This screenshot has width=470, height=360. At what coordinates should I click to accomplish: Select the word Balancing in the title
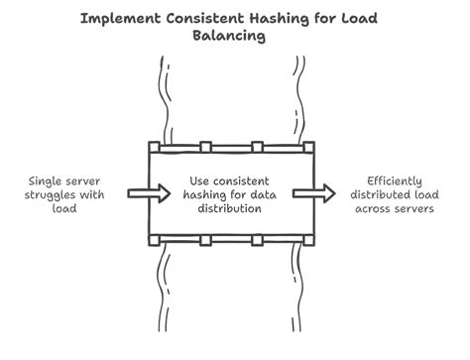tap(235, 37)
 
